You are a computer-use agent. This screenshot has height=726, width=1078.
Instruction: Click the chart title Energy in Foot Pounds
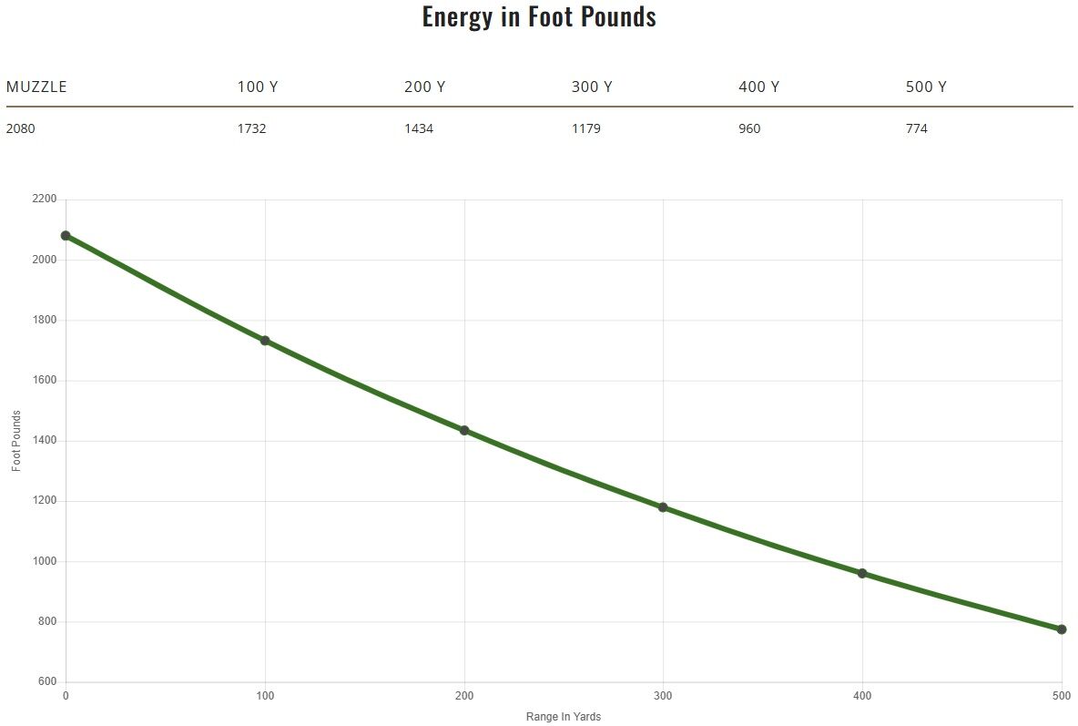538,17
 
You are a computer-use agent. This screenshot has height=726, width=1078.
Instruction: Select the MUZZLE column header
36,87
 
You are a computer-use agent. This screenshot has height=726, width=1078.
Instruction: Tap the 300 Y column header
592,87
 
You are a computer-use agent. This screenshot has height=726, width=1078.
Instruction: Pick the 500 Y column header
926,87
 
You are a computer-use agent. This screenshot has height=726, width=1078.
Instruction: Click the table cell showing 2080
21,128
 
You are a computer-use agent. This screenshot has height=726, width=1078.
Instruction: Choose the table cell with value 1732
251,128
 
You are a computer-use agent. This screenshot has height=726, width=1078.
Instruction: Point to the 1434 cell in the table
419,128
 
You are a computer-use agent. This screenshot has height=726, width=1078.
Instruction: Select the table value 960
749,128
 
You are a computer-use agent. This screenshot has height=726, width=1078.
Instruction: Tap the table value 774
917,128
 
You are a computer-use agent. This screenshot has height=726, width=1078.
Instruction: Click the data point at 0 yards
66,236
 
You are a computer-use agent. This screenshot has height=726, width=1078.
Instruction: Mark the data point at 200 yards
464,431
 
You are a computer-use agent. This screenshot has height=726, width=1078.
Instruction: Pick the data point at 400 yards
862,574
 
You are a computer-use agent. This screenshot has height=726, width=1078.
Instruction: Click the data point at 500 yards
1062,629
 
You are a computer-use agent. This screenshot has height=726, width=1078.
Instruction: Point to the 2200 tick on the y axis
44,199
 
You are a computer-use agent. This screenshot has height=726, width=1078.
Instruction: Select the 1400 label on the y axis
44,441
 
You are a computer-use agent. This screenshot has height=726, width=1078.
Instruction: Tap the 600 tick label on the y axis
46,682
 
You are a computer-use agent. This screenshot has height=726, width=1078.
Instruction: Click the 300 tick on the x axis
663,697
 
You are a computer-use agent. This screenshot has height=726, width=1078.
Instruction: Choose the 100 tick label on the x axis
265,697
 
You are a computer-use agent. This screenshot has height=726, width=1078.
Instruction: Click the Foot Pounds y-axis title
16,441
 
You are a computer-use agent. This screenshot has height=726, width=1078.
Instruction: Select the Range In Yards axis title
564,717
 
